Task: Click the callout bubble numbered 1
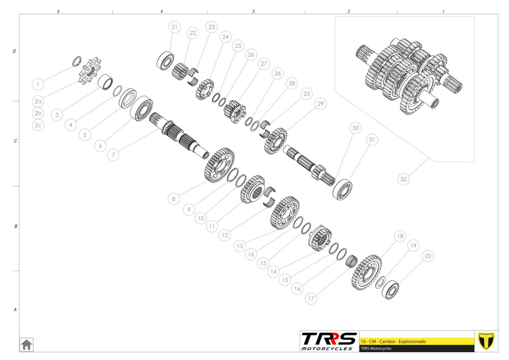[38, 84]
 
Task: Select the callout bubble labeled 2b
[38, 113]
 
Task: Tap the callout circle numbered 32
[403, 179]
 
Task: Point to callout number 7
[113, 155]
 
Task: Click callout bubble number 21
[174, 27]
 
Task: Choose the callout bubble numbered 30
[355, 128]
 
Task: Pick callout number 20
[428, 256]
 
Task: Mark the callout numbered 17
[311, 299]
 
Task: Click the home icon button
[26, 345]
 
